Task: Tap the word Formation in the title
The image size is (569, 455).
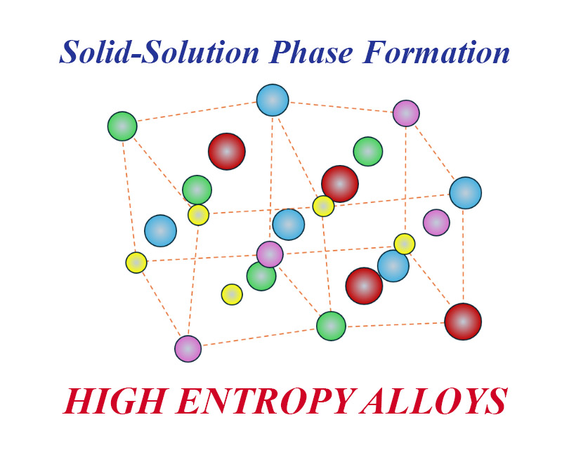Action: coord(440,53)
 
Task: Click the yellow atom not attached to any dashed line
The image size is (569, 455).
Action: coord(232,294)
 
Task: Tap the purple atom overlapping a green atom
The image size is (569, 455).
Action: coord(270,254)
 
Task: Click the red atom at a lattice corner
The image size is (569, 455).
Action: coord(463,321)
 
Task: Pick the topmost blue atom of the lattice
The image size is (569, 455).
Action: coord(273,100)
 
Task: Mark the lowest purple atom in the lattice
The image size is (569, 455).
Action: coord(188,348)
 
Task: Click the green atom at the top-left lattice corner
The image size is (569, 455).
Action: coord(122,126)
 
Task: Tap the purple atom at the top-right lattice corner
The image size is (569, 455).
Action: coord(406,113)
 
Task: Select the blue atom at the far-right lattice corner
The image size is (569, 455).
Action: coord(465,192)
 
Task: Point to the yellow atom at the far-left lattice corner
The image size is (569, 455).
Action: coord(136,263)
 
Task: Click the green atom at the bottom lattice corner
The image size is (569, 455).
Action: coord(331,326)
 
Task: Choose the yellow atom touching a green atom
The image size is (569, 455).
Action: coord(199,215)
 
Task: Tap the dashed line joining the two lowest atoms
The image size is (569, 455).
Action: coord(260,337)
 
